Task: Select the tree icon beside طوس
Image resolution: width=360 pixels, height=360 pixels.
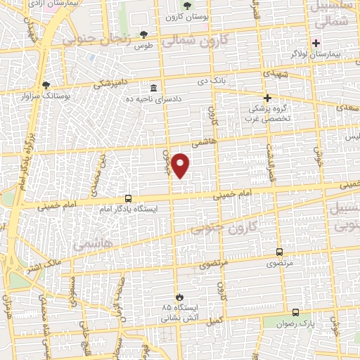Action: pos(144,34)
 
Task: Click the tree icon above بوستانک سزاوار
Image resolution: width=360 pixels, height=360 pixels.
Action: pos(46,84)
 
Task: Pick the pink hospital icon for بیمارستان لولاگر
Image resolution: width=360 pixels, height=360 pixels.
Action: pos(316,42)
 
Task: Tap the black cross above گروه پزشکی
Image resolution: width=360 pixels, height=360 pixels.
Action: pos(267,98)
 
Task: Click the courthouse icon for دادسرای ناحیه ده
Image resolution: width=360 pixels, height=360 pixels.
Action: pos(153,88)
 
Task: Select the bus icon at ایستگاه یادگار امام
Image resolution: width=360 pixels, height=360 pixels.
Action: pos(128,198)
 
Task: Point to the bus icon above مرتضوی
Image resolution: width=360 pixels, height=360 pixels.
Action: pos(280,251)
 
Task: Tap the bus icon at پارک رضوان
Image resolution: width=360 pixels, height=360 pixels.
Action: pos(295,312)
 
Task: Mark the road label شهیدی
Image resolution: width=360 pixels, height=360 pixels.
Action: pos(272,72)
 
